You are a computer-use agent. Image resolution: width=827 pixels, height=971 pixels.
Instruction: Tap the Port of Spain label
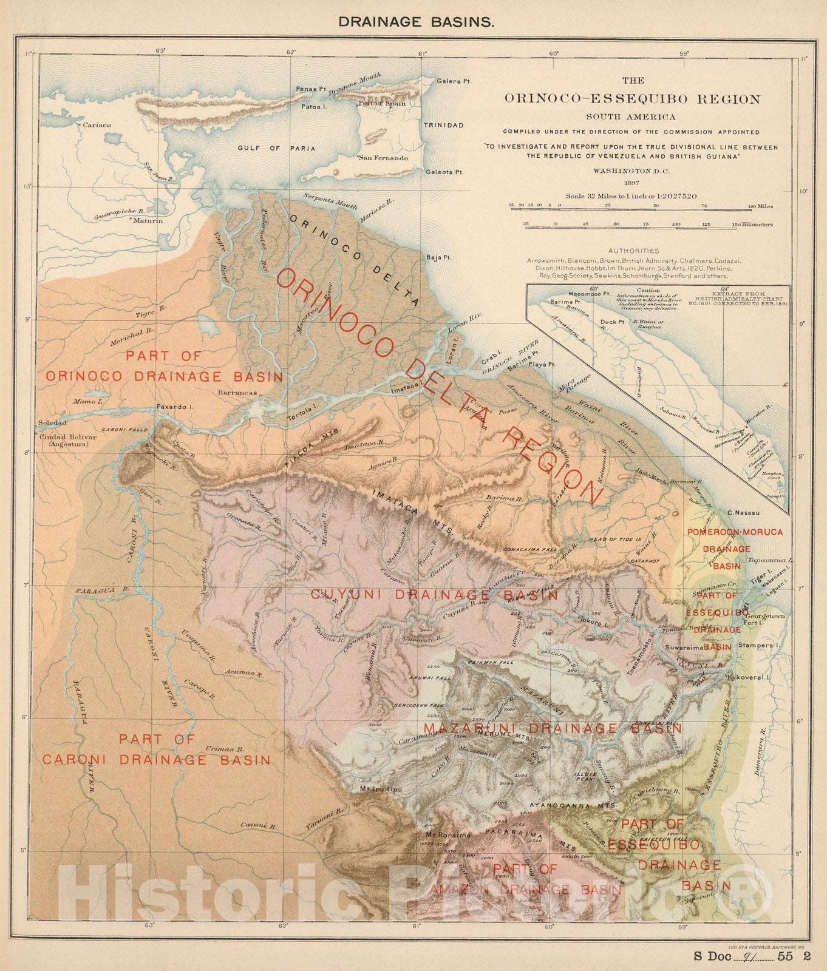pos(382,104)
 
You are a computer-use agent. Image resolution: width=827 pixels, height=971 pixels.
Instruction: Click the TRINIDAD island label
pos(443,126)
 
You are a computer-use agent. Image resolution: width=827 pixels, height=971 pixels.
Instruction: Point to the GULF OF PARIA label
pos(276,148)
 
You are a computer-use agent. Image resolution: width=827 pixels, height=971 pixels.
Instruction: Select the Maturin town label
pos(150,221)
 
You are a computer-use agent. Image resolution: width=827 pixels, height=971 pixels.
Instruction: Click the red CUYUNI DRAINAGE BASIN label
pos(434,595)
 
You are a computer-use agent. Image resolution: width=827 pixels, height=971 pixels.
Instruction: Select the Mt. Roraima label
pos(448,835)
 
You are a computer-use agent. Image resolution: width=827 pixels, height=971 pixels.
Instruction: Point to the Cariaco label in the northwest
pos(97,125)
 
